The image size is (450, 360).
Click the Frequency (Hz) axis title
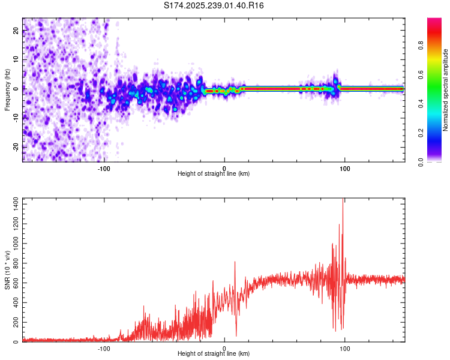(7, 90)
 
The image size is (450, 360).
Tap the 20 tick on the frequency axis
(16, 31)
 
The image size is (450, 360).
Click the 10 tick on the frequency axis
(16, 60)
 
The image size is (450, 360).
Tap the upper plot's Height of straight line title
(214, 174)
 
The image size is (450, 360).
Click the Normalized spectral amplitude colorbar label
(446, 90)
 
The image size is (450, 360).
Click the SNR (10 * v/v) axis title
(7, 270)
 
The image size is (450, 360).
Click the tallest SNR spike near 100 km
(343, 200)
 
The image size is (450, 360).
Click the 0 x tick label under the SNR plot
(224, 348)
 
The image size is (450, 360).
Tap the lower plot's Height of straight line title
(214, 354)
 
